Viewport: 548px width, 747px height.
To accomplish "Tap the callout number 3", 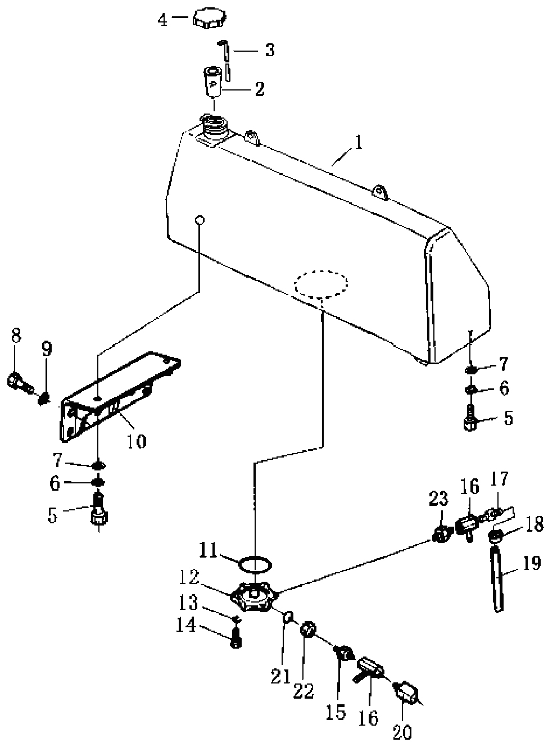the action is tap(269, 50).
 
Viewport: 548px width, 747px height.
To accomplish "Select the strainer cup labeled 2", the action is tap(214, 82).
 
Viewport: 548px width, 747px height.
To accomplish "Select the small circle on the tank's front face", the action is tap(200, 220).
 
